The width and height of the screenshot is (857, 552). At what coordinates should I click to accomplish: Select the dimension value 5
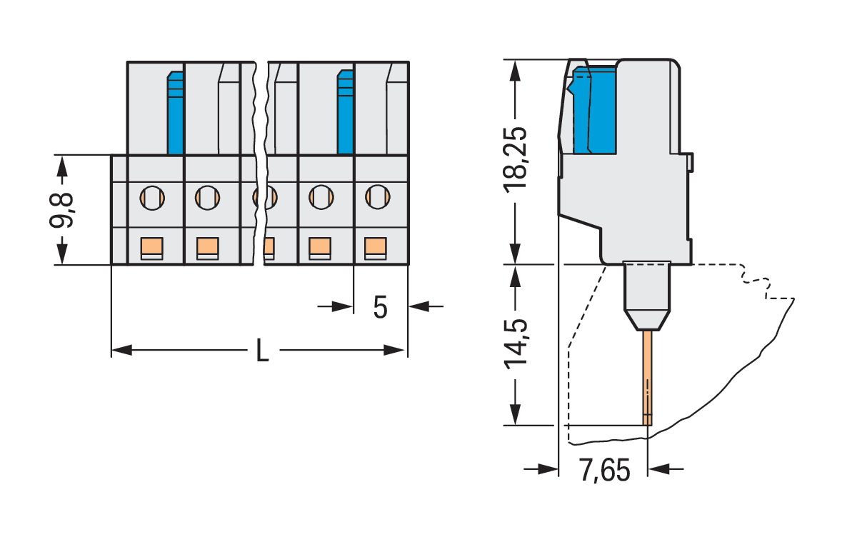[380, 307]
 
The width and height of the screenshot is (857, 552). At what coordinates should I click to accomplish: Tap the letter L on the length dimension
[263, 351]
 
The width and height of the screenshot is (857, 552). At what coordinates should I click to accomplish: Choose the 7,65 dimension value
[604, 471]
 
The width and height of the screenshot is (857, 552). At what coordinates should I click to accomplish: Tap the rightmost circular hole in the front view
[378, 195]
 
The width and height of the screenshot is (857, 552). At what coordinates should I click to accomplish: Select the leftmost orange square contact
[151, 247]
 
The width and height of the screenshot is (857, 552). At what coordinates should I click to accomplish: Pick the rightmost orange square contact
[376, 247]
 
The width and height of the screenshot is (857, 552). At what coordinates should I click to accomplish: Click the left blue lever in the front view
[176, 114]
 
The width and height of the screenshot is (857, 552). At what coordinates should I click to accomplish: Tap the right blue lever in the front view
[346, 114]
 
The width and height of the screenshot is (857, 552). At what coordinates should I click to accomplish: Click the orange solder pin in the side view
[647, 378]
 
